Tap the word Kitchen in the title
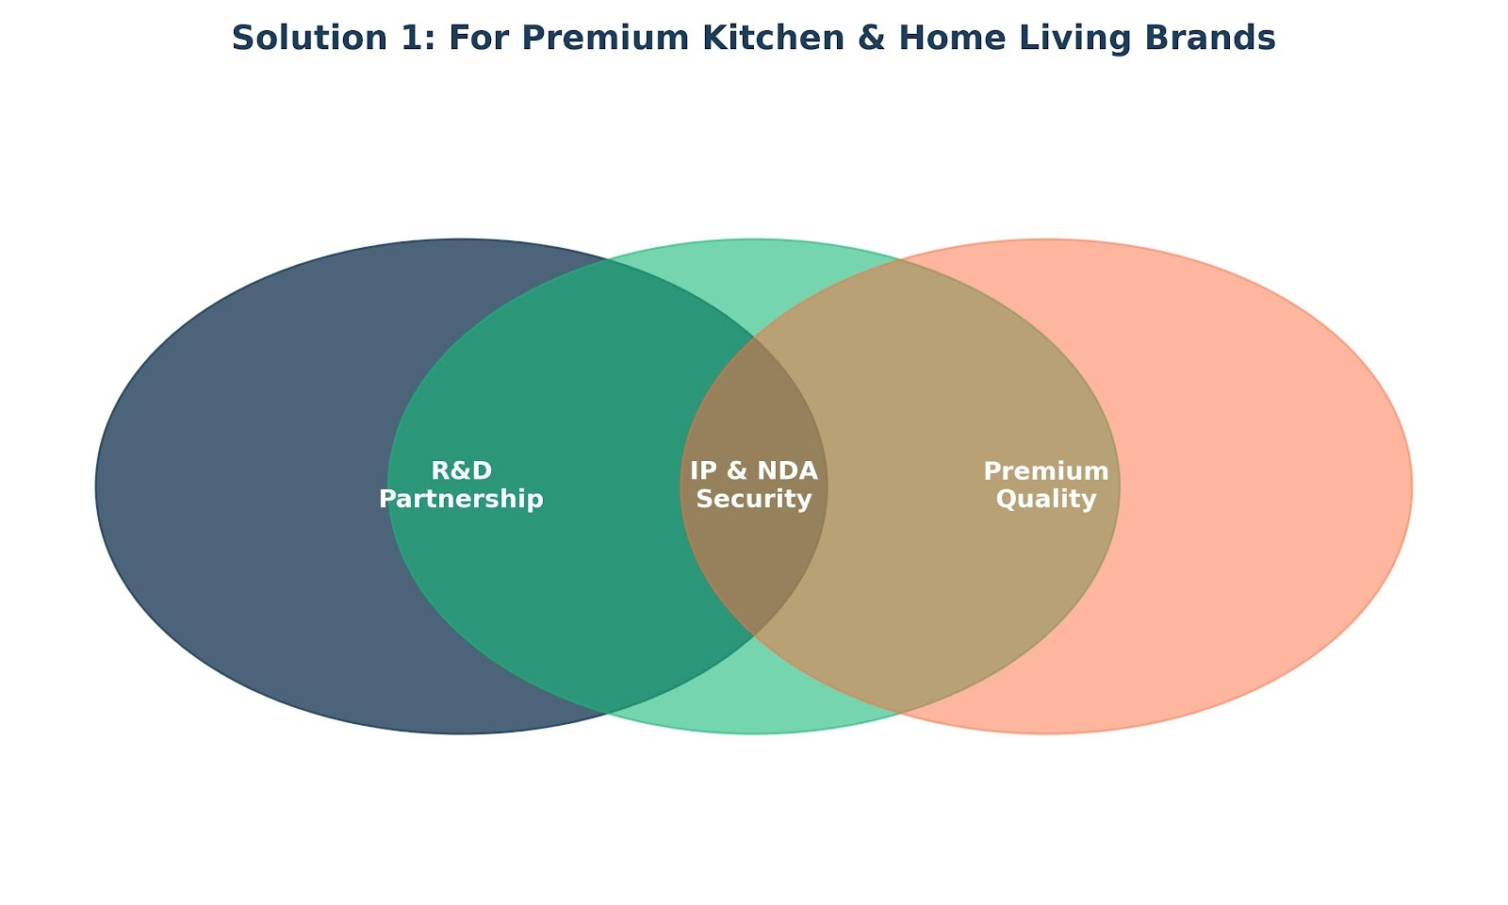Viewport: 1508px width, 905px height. coord(774,38)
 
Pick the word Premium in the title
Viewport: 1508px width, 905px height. coord(605,38)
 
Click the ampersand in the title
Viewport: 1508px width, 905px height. coord(872,38)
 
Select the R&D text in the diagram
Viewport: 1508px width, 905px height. coord(461,470)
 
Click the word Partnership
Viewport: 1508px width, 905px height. coord(461,500)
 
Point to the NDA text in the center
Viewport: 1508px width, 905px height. coord(786,470)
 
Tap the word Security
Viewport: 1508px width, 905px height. coord(754,500)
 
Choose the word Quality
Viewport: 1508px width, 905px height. coord(1046,500)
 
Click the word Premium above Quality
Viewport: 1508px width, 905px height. coord(1046,470)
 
